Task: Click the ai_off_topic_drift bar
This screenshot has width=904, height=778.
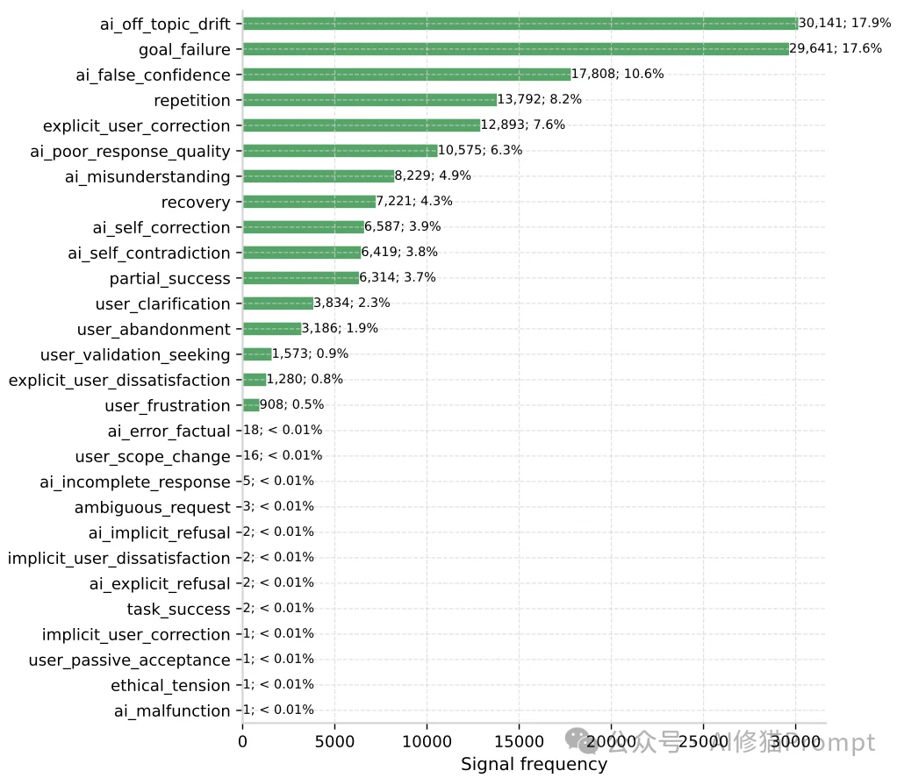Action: point(520,24)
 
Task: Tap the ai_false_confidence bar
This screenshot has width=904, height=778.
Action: point(406,75)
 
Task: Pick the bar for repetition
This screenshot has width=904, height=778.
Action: point(369,100)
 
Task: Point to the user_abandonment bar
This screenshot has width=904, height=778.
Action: point(272,329)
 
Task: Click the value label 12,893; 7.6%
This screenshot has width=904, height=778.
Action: point(523,125)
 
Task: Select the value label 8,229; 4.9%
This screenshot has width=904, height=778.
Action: point(433,175)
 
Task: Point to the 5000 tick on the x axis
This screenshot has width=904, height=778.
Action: point(334,742)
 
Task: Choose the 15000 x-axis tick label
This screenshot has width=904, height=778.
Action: point(519,742)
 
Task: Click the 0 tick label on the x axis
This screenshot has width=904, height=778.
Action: point(243,742)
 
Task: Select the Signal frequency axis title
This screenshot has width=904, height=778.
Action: point(534,765)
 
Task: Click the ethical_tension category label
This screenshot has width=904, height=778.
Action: point(170,685)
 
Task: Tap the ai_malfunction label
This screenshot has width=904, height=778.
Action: point(172,710)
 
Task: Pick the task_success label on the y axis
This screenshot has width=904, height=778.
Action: point(178,609)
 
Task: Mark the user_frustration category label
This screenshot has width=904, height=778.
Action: point(167,405)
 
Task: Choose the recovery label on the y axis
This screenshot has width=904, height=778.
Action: point(196,203)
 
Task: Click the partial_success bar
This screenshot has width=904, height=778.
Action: point(301,278)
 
